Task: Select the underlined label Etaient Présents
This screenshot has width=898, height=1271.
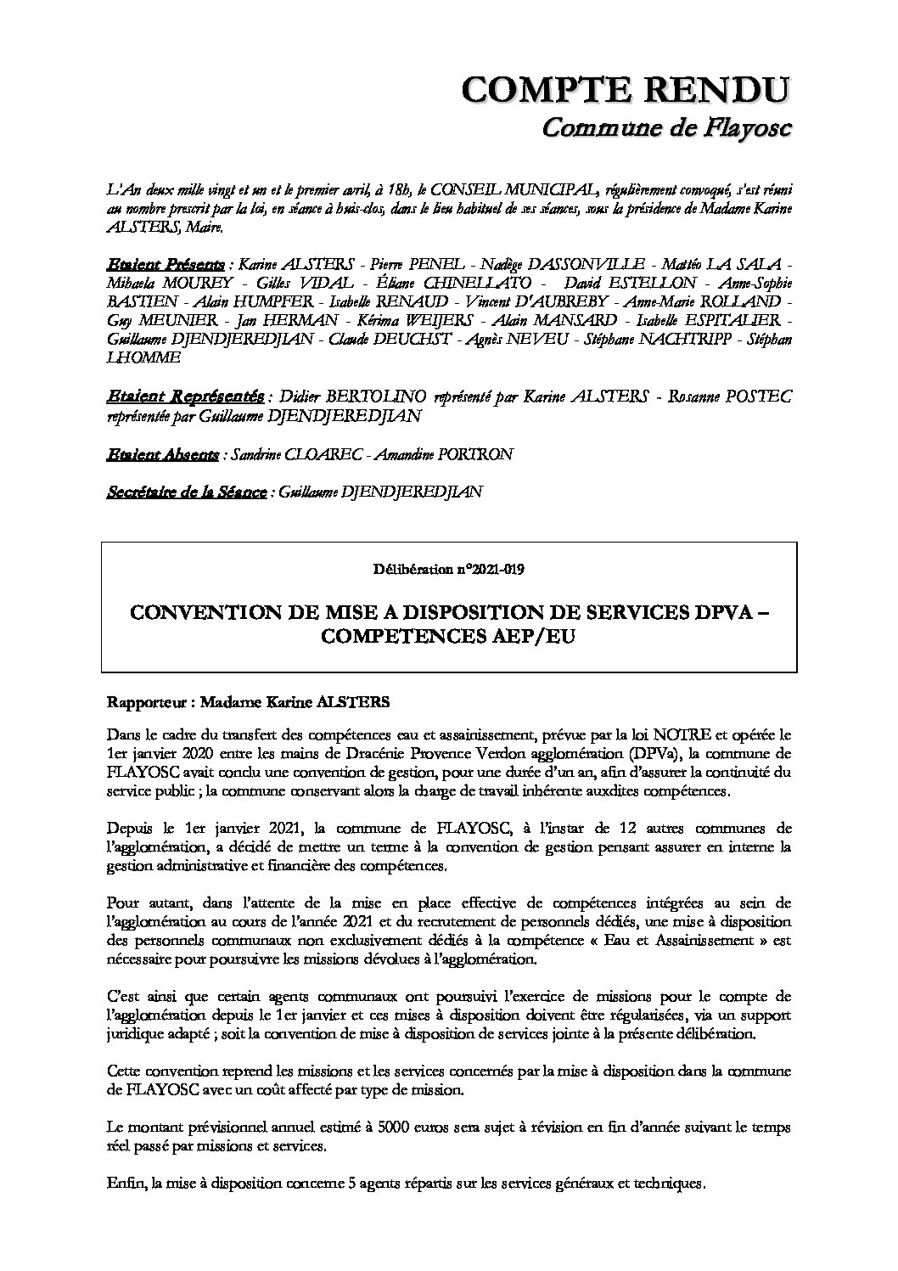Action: tap(166, 260)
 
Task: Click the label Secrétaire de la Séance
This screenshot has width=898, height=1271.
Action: tap(186, 492)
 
